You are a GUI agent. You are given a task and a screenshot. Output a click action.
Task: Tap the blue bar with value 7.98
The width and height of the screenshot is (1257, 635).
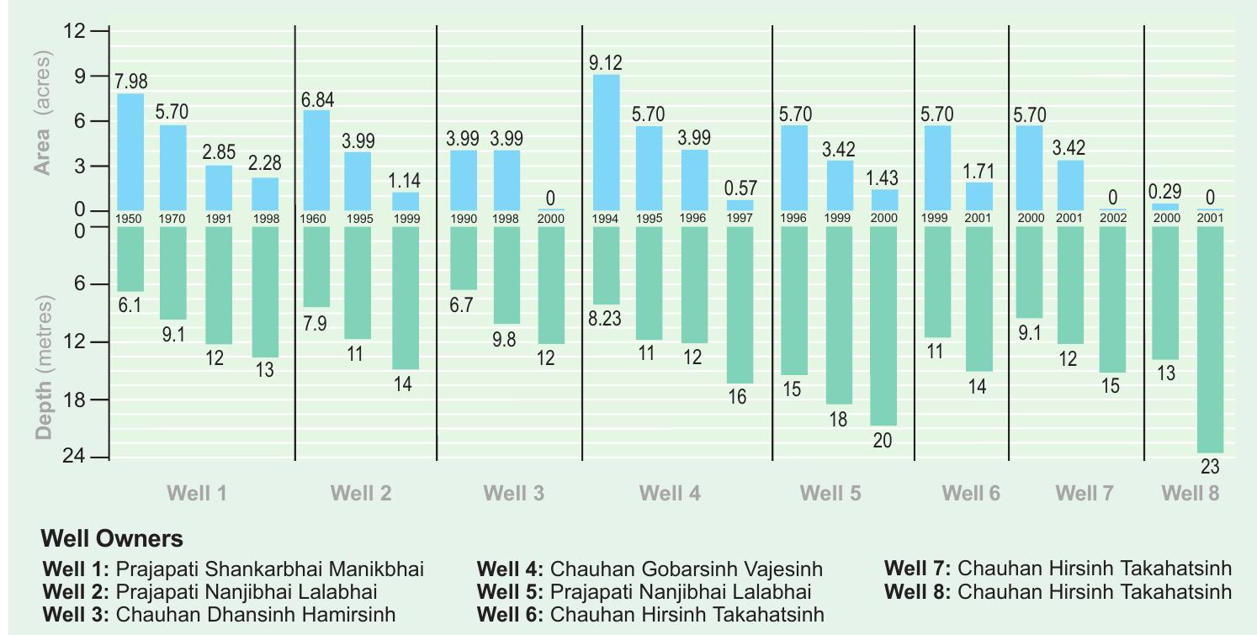pyautogui.click(x=130, y=151)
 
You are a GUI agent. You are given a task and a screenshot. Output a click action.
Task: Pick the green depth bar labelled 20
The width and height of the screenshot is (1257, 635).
pyautogui.click(x=883, y=325)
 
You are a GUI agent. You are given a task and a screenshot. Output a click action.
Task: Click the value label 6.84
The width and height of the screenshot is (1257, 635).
pyautogui.click(x=318, y=100)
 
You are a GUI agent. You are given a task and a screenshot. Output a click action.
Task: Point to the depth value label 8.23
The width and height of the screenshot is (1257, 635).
pyautogui.click(x=605, y=320)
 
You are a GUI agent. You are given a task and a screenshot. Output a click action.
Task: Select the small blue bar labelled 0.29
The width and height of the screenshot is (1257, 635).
pyautogui.click(x=1165, y=207)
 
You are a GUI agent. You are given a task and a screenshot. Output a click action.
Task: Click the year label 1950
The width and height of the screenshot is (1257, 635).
pyautogui.click(x=130, y=219)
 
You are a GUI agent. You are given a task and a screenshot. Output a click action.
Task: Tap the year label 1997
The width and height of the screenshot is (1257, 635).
pyautogui.click(x=740, y=219)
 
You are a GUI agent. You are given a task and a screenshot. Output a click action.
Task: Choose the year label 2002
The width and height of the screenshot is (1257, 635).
pyautogui.click(x=1112, y=219)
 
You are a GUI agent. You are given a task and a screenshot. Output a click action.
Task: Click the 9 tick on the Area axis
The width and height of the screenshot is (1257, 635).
pyautogui.click(x=80, y=77)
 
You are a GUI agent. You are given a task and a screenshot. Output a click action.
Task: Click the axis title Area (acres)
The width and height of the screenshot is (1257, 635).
pyautogui.click(x=43, y=113)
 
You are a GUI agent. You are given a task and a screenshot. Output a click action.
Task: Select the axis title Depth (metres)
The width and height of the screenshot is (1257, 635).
pyautogui.click(x=43, y=368)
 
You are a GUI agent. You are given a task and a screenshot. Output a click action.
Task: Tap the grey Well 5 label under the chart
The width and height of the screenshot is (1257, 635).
pyautogui.click(x=830, y=494)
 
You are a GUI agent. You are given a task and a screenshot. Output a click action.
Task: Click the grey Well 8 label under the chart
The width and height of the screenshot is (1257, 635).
pyautogui.click(x=1190, y=494)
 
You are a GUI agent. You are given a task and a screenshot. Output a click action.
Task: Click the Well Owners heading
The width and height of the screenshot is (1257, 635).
pyautogui.click(x=111, y=538)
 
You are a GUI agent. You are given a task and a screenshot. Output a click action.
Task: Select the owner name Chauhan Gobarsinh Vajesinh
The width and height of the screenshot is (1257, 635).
pyautogui.click(x=686, y=569)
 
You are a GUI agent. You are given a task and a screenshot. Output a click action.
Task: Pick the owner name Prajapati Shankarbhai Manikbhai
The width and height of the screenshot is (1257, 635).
pyautogui.click(x=269, y=569)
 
